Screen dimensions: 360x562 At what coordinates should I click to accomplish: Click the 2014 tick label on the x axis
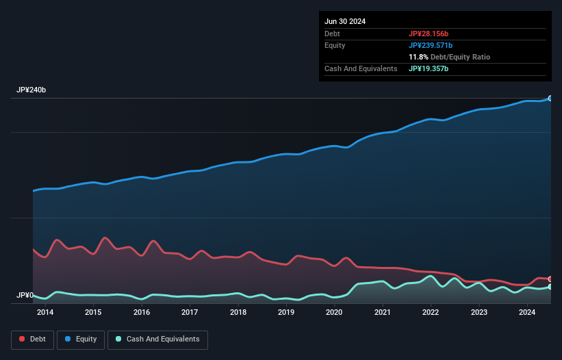coord(45,313)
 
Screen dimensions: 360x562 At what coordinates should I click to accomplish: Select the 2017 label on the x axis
coord(190,313)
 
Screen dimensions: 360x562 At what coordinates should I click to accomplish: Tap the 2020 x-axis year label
coord(334,313)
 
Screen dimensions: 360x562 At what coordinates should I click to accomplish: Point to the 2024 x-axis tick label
coord(527,313)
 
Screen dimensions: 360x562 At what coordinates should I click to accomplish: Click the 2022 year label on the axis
coord(431,313)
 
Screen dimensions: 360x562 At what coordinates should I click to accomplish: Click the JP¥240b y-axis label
coord(31,90)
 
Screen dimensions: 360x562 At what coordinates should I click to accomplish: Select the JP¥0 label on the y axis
coord(25,296)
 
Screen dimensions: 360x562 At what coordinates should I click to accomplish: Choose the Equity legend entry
coord(81,339)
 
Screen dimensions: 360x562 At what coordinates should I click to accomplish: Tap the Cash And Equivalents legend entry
coord(157,339)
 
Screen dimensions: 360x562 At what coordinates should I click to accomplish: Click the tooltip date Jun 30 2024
coord(345,21)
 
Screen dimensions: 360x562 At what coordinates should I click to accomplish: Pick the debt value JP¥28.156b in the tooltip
coord(429,34)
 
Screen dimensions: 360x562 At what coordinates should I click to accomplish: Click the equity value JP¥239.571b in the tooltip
coord(432,45)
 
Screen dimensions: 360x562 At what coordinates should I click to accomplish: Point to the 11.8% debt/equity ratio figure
coord(419,57)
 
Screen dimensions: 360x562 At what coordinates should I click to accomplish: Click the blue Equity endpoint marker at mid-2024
coord(550,99)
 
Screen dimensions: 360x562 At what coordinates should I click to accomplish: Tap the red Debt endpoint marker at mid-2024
coord(550,279)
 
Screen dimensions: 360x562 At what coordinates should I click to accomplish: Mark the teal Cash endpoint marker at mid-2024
coord(550,287)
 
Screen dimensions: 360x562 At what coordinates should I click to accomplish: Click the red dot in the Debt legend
coord(23,339)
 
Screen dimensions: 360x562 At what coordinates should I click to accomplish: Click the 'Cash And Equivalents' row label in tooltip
coord(361,68)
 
